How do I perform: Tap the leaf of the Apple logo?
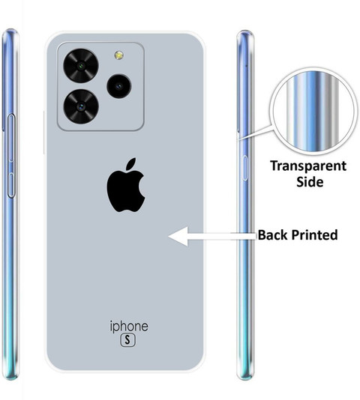pos(131,164)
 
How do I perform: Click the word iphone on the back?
pos(129,327)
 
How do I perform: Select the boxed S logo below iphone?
pos(127,340)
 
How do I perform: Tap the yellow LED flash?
pos(118,55)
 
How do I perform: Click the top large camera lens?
pos(81,65)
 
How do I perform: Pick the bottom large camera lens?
pos(81,106)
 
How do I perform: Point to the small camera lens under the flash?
pos(118,86)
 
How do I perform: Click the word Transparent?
pos(308,166)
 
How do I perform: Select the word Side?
pos(310,181)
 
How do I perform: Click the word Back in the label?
pos(272,235)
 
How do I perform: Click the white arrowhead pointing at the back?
pos(178,237)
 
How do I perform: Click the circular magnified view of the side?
pos(313,111)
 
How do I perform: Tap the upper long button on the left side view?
pos(11,138)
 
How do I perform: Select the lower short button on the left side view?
pos(11,185)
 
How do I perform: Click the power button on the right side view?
pos(244,168)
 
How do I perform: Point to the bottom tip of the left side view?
pos(10,379)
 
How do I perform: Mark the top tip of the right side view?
pos(244,31)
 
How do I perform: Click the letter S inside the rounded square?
pos(127,340)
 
